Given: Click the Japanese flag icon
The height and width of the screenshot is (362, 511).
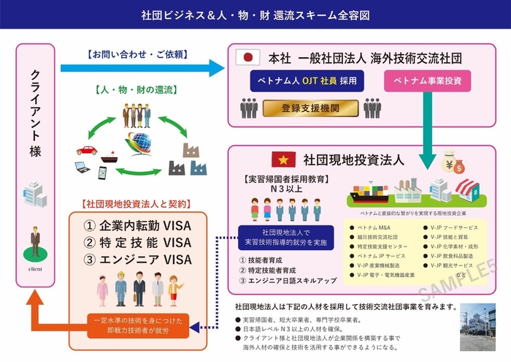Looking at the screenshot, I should pyautogui.click(x=245, y=57).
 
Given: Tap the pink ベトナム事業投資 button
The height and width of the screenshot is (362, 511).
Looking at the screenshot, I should pyautogui.click(x=426, y=79).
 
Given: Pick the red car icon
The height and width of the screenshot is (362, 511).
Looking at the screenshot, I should pyautogui.click(x=86, y=151).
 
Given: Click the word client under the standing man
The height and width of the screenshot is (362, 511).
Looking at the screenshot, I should pyautogui.click(x=34, y=268).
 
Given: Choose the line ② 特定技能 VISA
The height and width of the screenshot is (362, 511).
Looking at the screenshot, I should pyautogui.click(x=138, y=242).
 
